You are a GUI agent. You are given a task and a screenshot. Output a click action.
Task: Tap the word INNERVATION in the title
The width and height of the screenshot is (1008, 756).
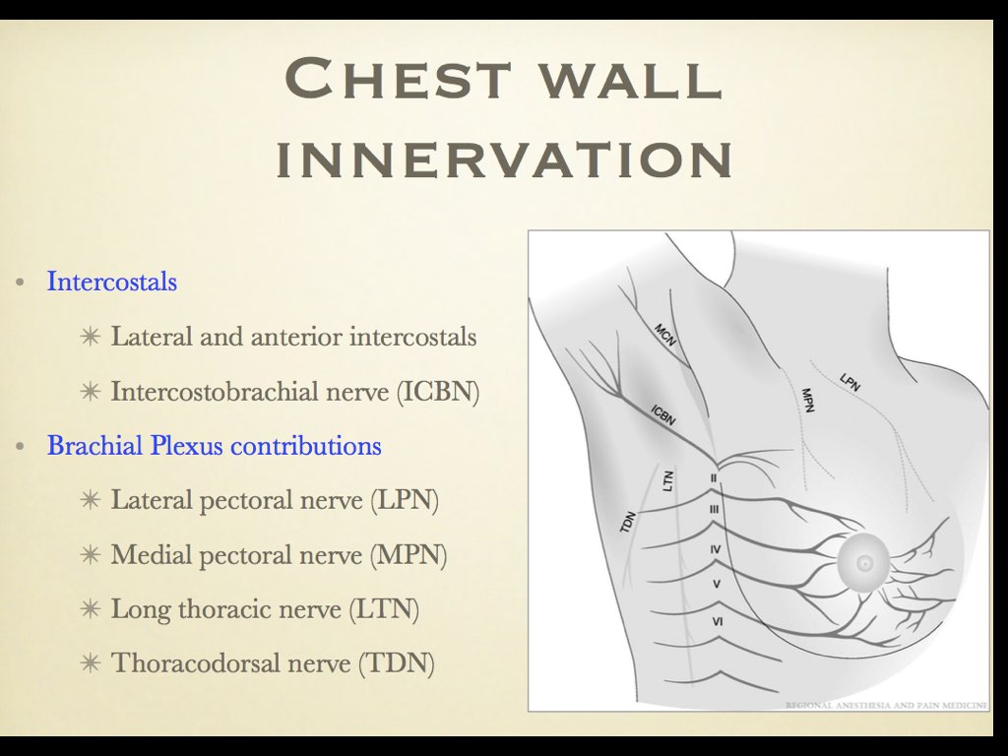[x=504, y=159]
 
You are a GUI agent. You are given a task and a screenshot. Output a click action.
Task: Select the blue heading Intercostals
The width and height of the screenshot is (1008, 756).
[x=112, y=282]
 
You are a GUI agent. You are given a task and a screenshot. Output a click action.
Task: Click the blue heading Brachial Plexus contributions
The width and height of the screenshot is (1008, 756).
[x=215, y=446]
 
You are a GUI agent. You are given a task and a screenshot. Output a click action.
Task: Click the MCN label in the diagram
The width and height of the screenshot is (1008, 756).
[x=664, y=335]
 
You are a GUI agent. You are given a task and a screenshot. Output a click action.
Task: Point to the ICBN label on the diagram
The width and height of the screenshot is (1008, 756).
[x=662, y=414]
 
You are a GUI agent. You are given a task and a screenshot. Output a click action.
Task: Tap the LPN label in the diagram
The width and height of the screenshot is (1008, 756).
[x=850, y=381]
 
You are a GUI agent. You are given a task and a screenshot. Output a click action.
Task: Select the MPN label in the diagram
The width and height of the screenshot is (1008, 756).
[x=807, y=399]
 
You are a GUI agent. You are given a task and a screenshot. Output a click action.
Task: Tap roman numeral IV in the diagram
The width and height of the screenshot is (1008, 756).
[x=716, y=547]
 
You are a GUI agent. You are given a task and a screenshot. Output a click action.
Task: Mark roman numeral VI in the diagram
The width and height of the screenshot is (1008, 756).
[x=717, y=621]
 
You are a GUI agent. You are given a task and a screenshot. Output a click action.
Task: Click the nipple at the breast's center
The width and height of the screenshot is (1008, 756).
[x=864, y=564]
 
